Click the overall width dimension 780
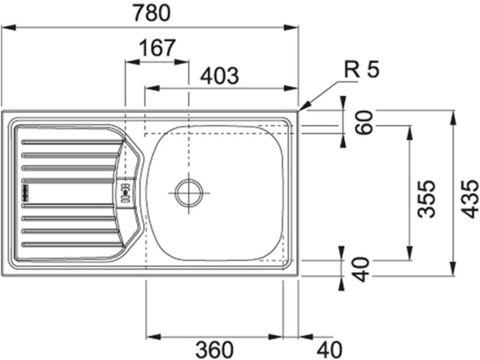point(152,13)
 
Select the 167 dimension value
point(157,48)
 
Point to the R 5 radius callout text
point(361,70)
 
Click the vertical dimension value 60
point(364,123)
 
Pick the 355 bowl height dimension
point(426,199)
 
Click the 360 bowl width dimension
point(214,350)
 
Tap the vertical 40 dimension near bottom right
point(361,269)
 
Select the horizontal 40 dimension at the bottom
point(329,350)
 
